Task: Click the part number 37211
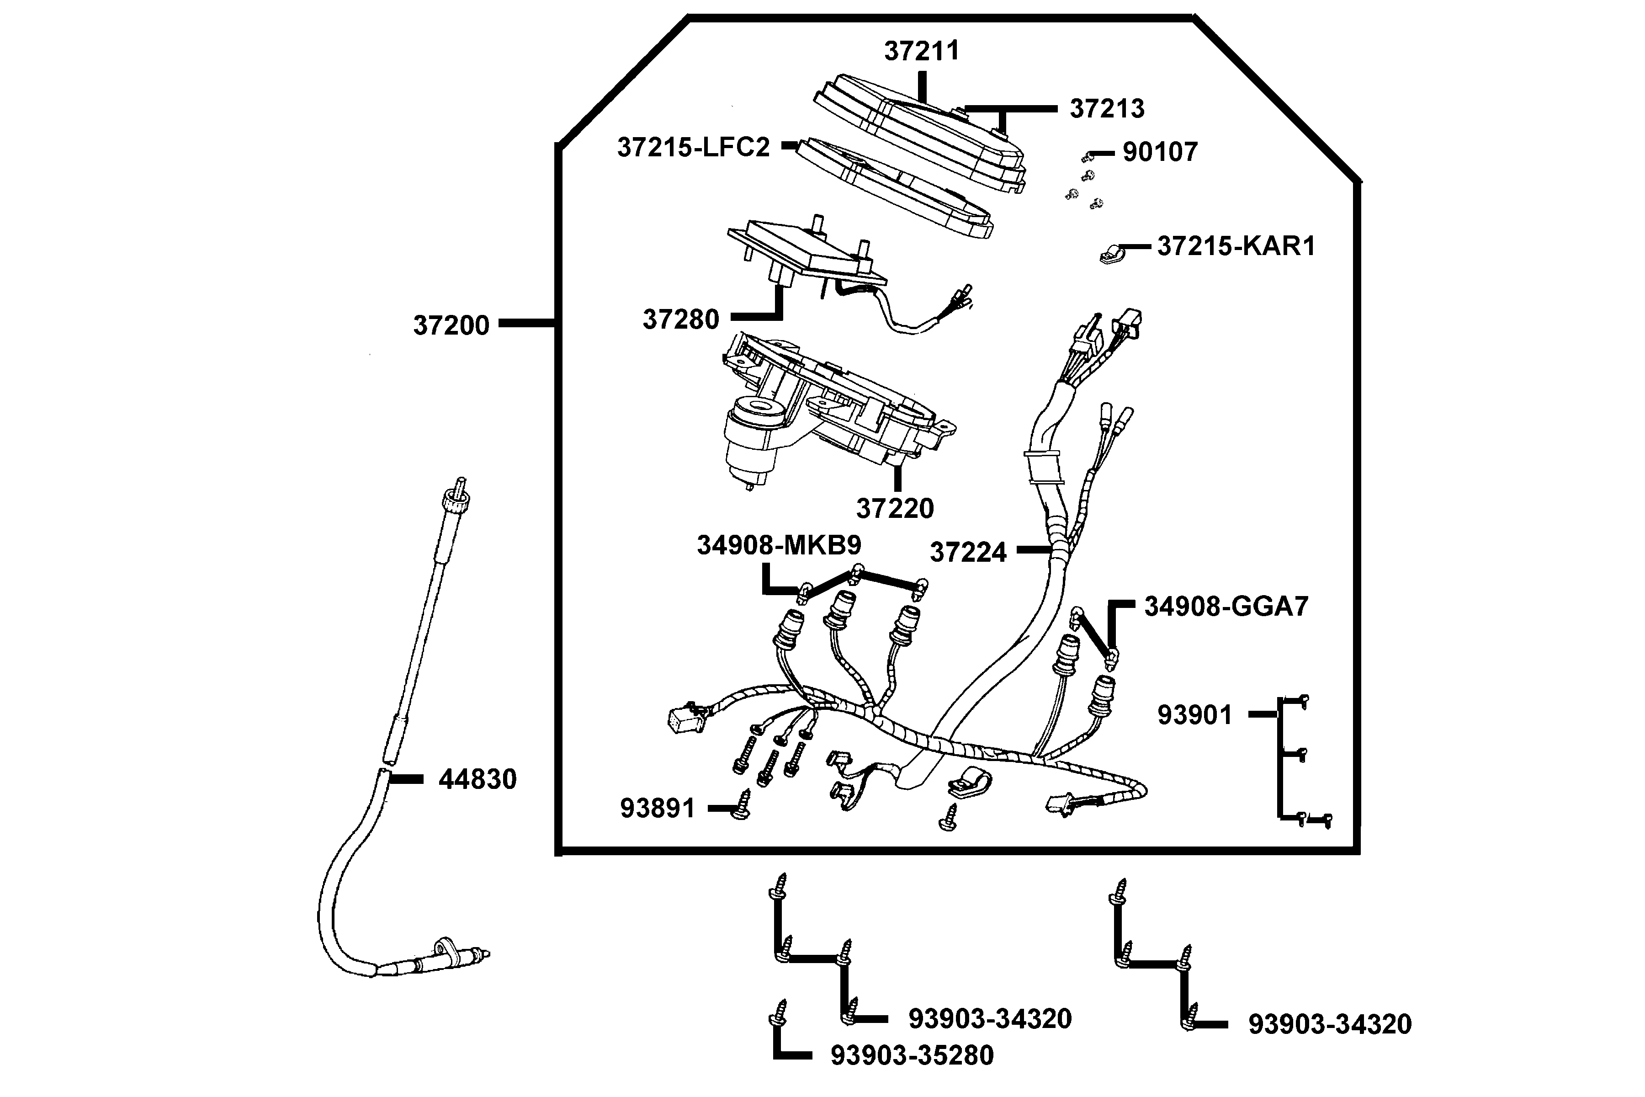(922, 51)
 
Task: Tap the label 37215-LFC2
(693, 147)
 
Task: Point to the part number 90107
(1160, 152)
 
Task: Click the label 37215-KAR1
(1236, 246)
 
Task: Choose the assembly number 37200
(451, 325)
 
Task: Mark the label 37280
(680, 319)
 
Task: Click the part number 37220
(895, 509)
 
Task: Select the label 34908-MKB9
(779, 545)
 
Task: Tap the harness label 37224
(967, 552)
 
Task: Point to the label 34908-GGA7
(1226, 607)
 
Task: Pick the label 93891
(658, 808)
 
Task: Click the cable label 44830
(477, 779)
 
